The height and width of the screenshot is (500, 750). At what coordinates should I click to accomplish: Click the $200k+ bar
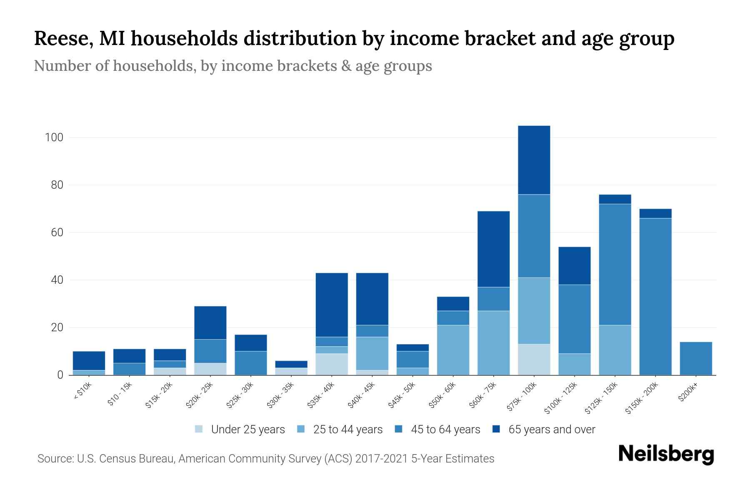(696, 358)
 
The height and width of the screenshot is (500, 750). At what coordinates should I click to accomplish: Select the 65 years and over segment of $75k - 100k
(534, 160)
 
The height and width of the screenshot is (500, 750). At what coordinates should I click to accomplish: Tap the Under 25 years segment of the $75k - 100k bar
(534, 359)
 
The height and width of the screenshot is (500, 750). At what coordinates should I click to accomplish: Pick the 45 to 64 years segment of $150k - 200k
(655, 296)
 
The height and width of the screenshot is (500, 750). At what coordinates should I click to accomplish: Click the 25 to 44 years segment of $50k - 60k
(453, 350)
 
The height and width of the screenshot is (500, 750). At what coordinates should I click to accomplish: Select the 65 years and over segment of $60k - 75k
(493, 249)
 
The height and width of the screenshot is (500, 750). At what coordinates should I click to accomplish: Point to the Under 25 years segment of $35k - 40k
(332, 364)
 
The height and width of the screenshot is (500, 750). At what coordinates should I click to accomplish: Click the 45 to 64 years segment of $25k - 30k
(251, 363)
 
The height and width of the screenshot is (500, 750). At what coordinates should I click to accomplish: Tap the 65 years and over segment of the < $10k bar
(89, 360)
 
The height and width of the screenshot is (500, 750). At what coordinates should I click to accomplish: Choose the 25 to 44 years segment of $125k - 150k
(615, 350)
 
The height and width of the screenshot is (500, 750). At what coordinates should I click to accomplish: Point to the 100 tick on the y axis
(54, 137)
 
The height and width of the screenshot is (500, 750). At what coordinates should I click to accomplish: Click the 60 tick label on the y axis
(57, 232)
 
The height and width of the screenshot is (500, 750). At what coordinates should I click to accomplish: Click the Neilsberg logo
(666, 454)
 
